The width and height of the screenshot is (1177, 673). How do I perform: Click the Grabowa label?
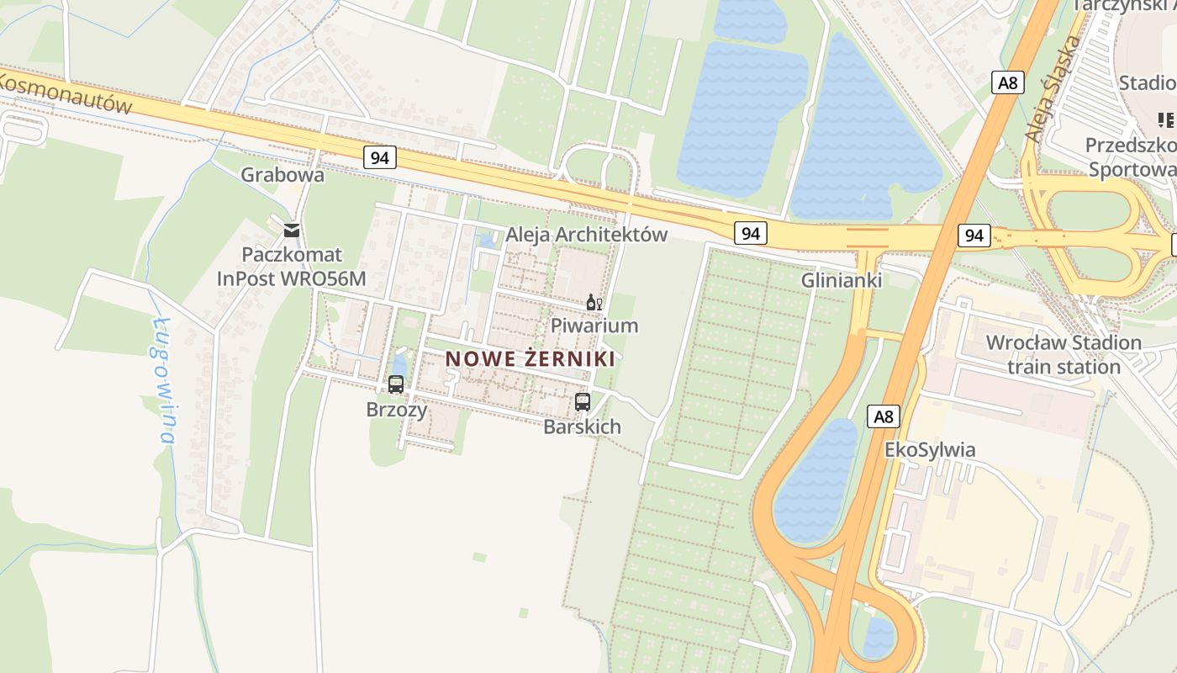pyautogui.click(x=282, y=175)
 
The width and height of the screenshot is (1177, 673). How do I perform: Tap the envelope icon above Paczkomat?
pyautogui.click(x=292, y=230)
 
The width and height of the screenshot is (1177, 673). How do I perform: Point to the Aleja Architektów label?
pyautogui.click(x=586, y=235)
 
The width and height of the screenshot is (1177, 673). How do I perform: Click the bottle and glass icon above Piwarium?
pyautogui.click(x=594, y=302)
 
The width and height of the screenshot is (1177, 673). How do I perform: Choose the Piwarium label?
pyautogui.click(x=594, y=326)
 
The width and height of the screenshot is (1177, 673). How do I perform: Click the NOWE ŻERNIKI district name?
pyautogui.click(x=530, y=359)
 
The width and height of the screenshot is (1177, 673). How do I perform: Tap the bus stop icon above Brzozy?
pyautogui.click(x=396, y=384)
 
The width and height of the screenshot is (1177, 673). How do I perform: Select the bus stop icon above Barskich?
pyautogui.click(x=583, y=401)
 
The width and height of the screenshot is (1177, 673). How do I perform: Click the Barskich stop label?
pyautogui.click(x=583, y=427)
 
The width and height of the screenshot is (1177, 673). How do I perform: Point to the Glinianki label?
pyautogui.click(x=842, y=280)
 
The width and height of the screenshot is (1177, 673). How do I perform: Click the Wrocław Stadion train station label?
pyautogui.click(x=1064, y=355)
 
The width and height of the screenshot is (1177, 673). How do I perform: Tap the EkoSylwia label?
pyautogui.click(x=930, y=450)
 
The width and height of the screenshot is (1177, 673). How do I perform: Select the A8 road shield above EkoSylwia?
pyautogui.click(x=884, y=416)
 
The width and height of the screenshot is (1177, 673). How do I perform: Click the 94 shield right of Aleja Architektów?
pyautogui.click(x=750, y=233)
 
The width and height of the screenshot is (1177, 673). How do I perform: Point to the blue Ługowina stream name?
pyautogui.click(x=164, y=380)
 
